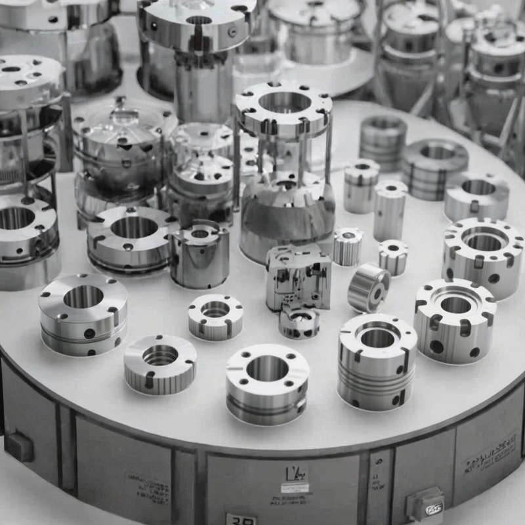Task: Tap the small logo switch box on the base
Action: pyautogui.click(x=425, y=505)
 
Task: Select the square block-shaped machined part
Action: pyautogui.click(x=298, y=276)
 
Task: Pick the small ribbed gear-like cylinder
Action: pyautogui.click(x=347, y=246)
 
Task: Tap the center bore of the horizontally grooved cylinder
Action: pyautogui.click(x=378, y=337)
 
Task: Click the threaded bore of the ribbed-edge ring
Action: pyautogui.click(x=160, y=355)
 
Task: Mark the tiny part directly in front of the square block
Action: pyautogui.click(x=299, y=321)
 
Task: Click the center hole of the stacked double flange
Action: pyautogui.click(x=83, y=297)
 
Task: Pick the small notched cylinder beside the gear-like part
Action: pyautogui.click(x=393, y=256)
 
